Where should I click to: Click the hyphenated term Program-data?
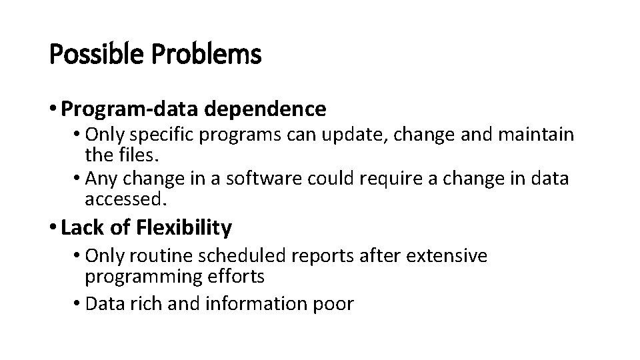coord(121,108)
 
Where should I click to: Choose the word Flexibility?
coord(184,228)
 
